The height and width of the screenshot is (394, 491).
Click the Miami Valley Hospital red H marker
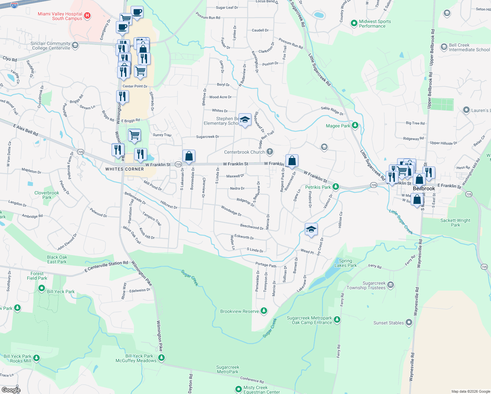(87, 15)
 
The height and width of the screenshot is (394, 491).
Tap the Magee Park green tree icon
(355, 125)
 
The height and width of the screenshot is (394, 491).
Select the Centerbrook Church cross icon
(269, 151)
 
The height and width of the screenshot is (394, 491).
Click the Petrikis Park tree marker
(335, 187)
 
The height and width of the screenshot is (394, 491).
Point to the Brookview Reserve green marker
(264, 311)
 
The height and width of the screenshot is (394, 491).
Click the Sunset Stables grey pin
(409, 322)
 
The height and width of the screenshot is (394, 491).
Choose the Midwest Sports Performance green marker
(354, 23)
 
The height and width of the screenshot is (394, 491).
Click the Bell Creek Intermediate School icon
(444, 47)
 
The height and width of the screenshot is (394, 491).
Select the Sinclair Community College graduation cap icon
(75, 45)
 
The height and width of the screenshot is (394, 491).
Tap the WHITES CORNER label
(124, 169)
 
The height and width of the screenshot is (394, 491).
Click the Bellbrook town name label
(424, 188)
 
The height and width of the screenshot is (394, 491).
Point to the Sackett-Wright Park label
(455, 223)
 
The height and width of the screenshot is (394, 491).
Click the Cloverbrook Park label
(47, 195)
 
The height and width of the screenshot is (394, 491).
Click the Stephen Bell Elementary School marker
(245, 120)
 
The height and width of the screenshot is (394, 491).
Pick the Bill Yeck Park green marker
(42, 288)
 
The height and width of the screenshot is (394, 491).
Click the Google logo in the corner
(11, 390)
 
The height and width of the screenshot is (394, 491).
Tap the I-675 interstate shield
(14, 6)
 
